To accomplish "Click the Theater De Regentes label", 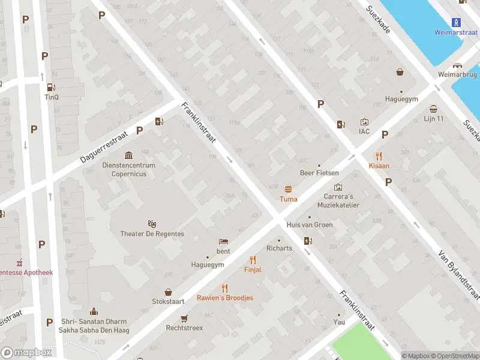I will tap(152, 233).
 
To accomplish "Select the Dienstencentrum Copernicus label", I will tap(128, 169).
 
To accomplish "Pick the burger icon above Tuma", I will tap(288, 188).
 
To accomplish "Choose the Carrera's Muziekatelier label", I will tap(338, 200).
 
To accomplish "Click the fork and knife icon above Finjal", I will tap(253, 260).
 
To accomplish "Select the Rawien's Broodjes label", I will tap(225, 298).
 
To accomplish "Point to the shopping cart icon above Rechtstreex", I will tap(185, 318).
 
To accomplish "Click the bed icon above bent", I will tap(223, 241).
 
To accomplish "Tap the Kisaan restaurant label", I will tap(379, 166).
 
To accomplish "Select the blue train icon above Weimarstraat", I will tap(455, 22).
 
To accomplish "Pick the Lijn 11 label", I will tap(433, 118).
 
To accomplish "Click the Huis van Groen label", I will tap(310, 225).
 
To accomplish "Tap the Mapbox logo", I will tap(26, 352).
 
